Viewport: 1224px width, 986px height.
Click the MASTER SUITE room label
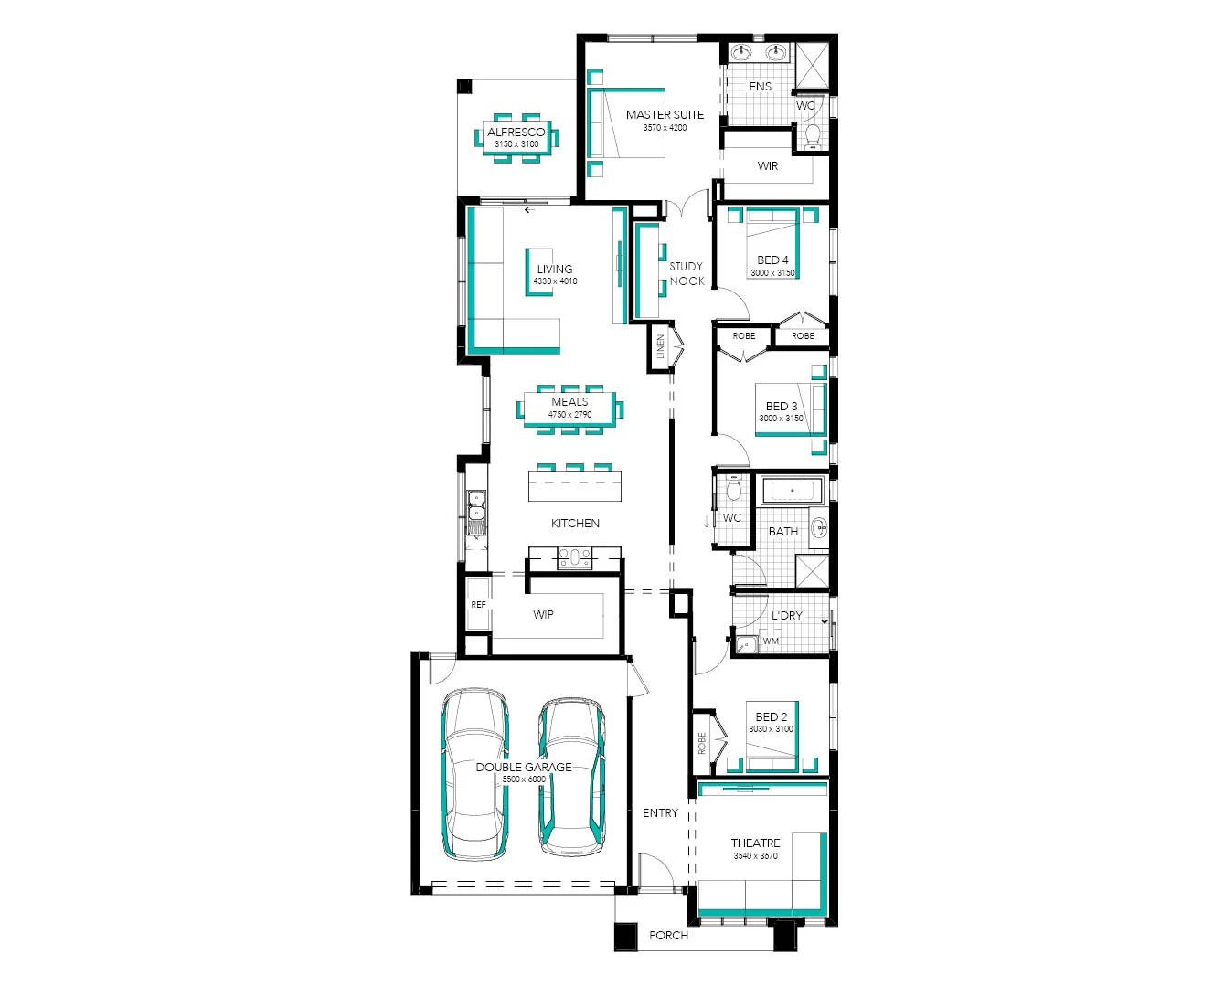[665, 115]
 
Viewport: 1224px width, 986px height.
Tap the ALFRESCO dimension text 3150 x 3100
[516, 144]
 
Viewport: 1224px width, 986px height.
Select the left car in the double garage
[474, 775]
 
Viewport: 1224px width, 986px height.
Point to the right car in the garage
[571, 778]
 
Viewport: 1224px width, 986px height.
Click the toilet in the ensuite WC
[812, 136]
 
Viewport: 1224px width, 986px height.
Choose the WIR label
[768, 166]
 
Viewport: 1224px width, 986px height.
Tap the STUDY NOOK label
[687, 274]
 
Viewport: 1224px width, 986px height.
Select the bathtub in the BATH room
[793, 492]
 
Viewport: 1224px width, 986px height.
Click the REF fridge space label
[478, 605]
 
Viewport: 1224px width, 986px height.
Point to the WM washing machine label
[772, 641]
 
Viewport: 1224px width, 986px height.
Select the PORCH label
[668, 936]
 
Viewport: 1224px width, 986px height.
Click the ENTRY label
[660, 813]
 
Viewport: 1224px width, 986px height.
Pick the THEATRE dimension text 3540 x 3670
[755, 856]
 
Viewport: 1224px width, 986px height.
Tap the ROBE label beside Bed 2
[702, 743]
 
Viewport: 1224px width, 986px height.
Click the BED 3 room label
[781, 406]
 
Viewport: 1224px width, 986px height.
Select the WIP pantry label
[543, 615]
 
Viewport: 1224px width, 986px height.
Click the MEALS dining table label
[569, 402]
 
